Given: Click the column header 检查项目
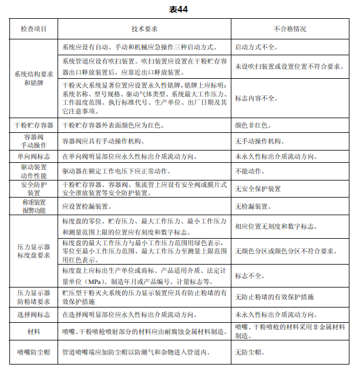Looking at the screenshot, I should click(x=34, y=29).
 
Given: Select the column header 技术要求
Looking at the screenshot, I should click(x=144, y=29).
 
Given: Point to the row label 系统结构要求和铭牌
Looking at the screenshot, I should click(x=34, y=78).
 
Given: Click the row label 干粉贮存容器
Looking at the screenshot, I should click(x=34, y=125).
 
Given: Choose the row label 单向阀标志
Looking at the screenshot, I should click(x=34, y=157).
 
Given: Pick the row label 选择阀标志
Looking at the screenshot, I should click(x=34, y=315).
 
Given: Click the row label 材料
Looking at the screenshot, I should click(x=34, y=332).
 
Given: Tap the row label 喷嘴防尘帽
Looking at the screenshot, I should click(x=34, y=353).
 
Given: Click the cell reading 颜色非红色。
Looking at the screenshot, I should click(x=254, y=125).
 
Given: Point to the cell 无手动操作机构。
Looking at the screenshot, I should click(x=260, y=141).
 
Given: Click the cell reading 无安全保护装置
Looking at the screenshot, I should click(x=258, y=189).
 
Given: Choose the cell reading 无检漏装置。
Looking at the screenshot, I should click(x=254, y=206).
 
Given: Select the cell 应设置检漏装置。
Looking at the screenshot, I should click(x=86, y=206).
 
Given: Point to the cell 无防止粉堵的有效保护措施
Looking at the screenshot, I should click(x=274, y=297).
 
